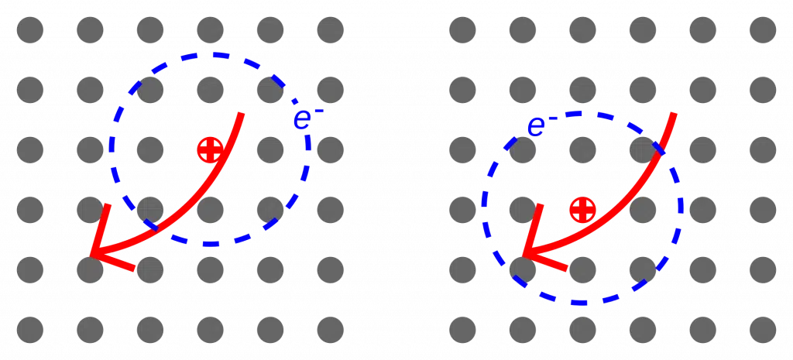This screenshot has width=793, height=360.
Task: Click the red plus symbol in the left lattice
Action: pyautogui.click(x=210, y=149)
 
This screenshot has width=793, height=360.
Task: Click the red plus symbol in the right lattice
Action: pyautogui.click(x=582, y=209)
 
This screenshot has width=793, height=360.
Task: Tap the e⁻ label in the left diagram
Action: pyautogui.click(x=308, y=118)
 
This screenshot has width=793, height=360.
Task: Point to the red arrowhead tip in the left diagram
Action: pyautogui.click(x=91, y=255)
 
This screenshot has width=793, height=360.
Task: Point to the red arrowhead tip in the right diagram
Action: pyautogui.click(x=524, y=255)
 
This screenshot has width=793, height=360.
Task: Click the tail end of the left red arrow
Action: pyautogui.click(x=242, y=113)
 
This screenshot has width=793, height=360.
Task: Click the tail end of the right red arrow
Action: pyautogui.click(x=674, y=113)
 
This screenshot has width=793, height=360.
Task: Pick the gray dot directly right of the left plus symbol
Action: pyautogui.click(x=270, y=149)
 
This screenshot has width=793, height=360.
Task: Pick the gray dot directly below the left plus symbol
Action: pyautogui.click(x=210, y=210)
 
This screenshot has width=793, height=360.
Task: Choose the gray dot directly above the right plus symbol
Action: pyautogui.click(x=582, y=149)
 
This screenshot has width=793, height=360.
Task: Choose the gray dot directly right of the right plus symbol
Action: pyautogui.click(x=642, y=210)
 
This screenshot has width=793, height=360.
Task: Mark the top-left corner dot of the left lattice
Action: pyautogui.click(x=30, y=30)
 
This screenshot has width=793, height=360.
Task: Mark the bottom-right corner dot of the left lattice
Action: pyautogui.click(x=330, y=330)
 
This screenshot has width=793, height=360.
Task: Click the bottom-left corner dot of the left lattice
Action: pyautogui.click(x=30, y=330)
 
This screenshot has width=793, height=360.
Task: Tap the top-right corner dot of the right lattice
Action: pyautogui.click(x=763, y=30)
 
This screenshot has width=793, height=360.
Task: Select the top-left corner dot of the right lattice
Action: pyautogui.click(x=462, y=30)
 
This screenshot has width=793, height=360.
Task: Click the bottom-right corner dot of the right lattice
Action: pyautogui.click(x=763, y=330)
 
